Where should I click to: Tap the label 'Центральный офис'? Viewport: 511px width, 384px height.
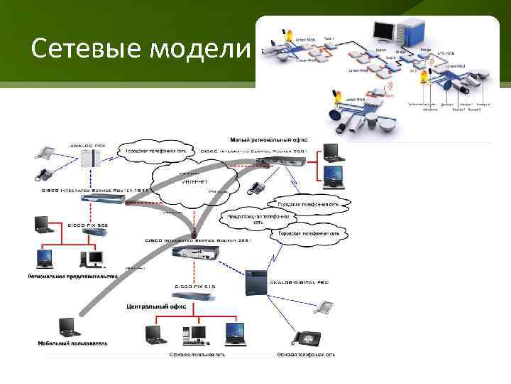(x=156, y=306)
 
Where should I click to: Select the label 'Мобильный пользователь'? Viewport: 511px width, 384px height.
(x=73, y=343)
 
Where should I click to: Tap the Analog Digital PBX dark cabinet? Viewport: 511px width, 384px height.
(x=253, y=282)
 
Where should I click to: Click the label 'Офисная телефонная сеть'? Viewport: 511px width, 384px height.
(x=305, y=354)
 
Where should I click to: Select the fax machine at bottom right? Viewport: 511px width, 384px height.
(x=310, y=339)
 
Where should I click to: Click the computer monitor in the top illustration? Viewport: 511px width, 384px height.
(x=383, y=30)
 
